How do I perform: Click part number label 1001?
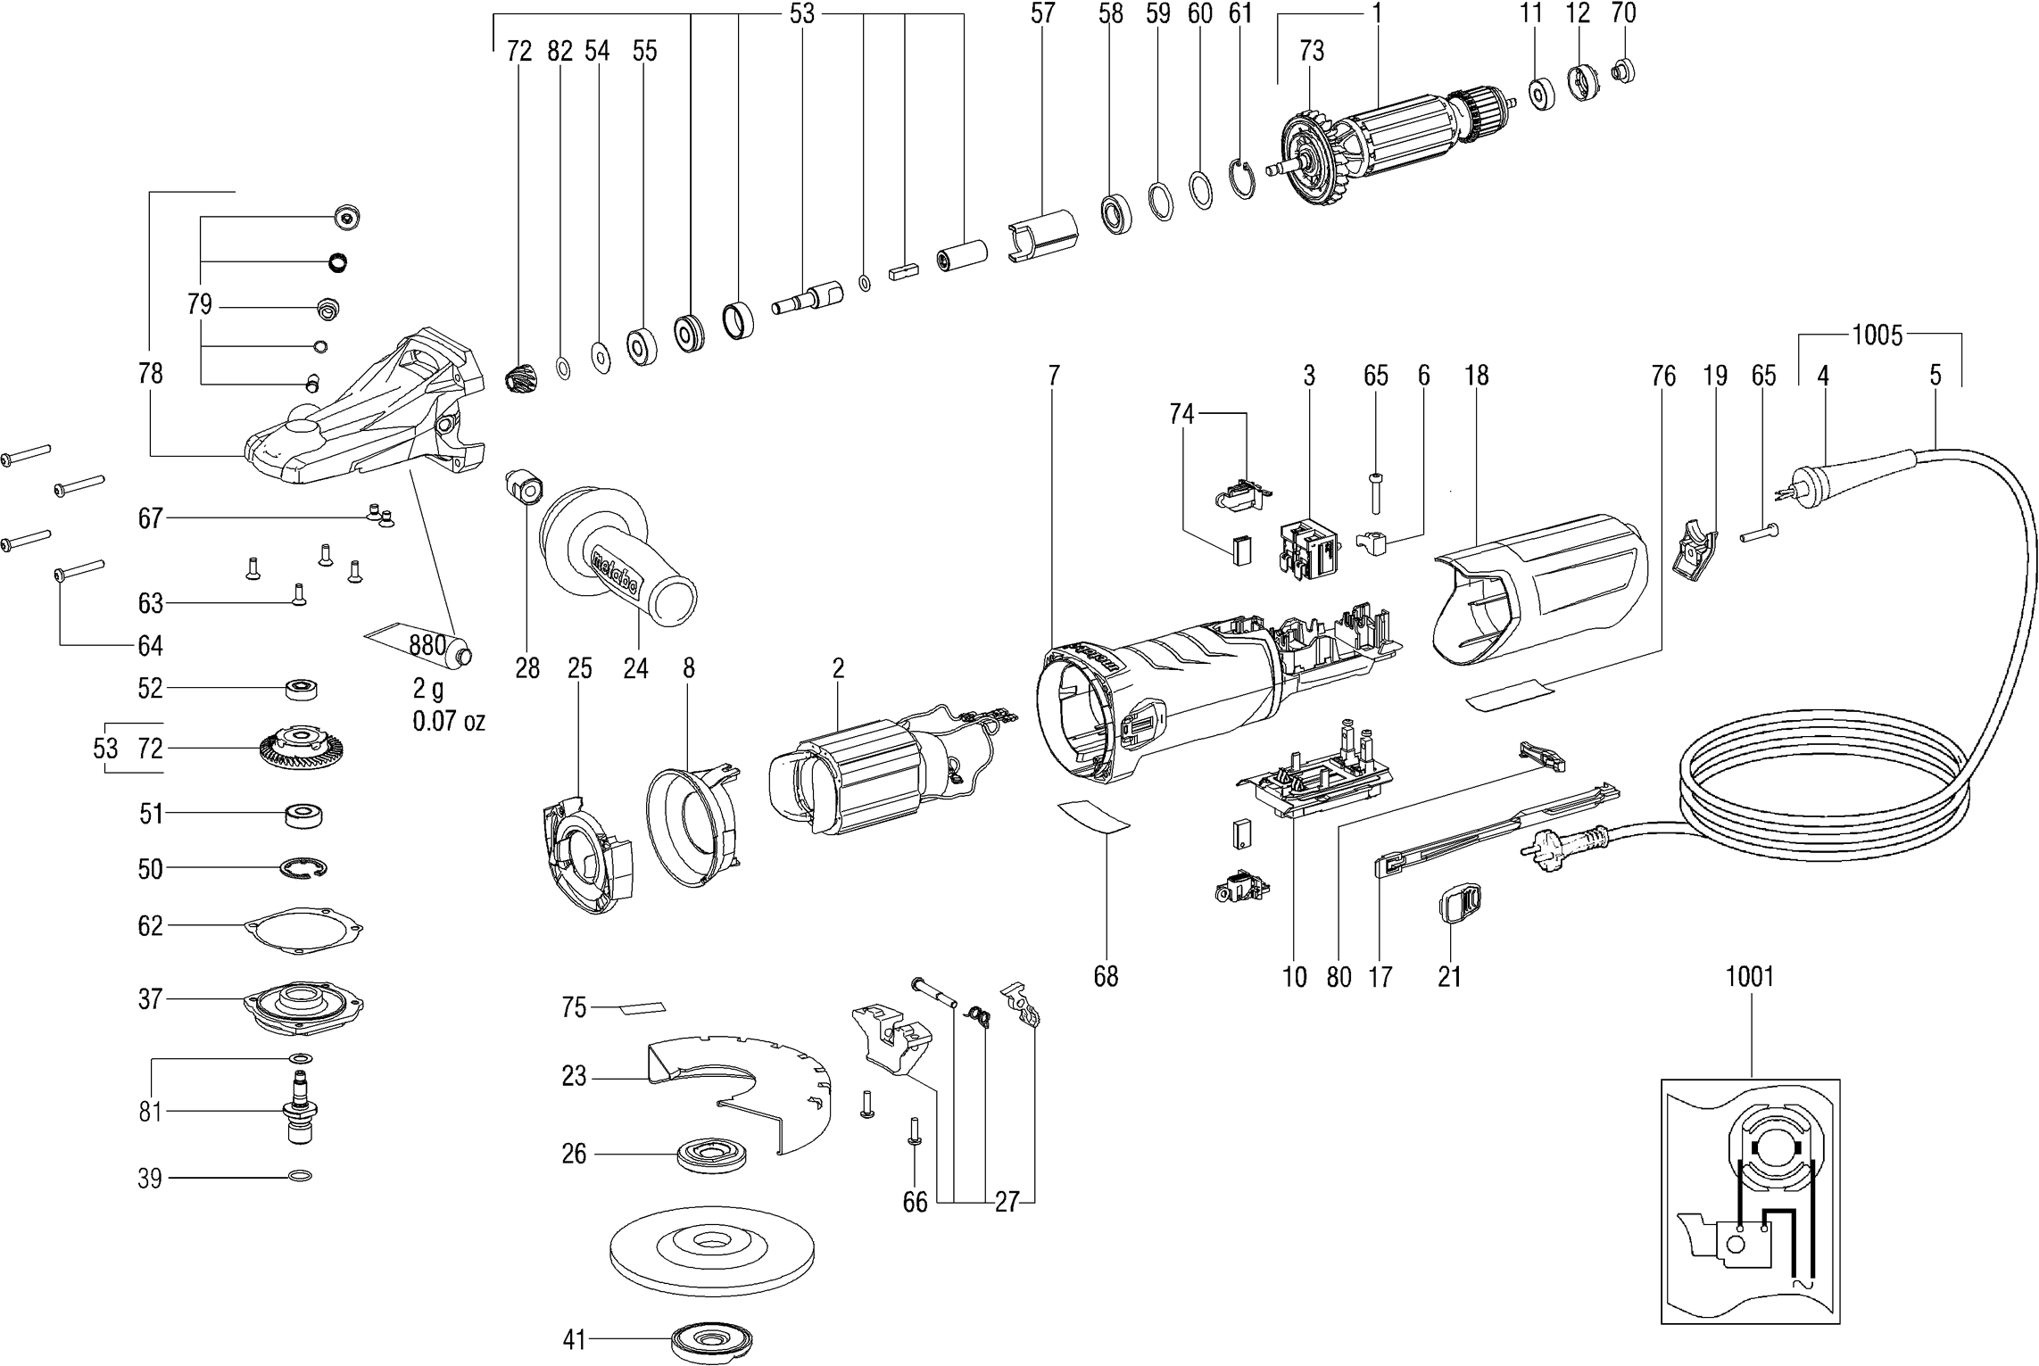coord(1749,977)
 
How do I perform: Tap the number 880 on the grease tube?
coord(427,645)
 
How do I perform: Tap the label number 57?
coord(1042,13)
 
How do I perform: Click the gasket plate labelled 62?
coord(307,928)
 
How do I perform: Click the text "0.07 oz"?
coord(449,721)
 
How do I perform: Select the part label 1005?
coord(1877,335)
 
